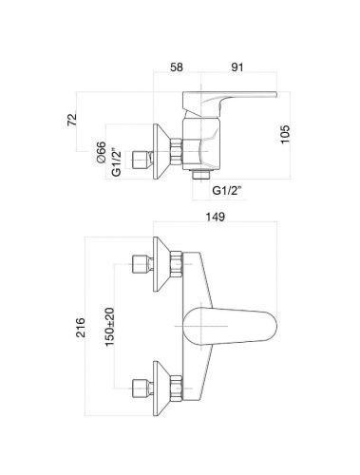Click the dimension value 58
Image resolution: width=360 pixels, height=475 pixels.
(178, 68)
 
